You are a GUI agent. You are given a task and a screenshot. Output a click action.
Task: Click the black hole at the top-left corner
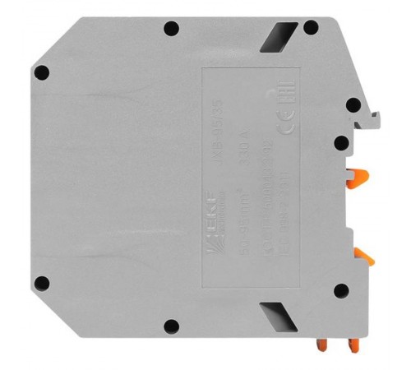click(43, 73)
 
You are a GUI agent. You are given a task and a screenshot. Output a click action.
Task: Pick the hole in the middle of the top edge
click(171, 30)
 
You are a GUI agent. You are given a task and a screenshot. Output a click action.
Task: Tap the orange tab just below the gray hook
click(357, 174)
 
